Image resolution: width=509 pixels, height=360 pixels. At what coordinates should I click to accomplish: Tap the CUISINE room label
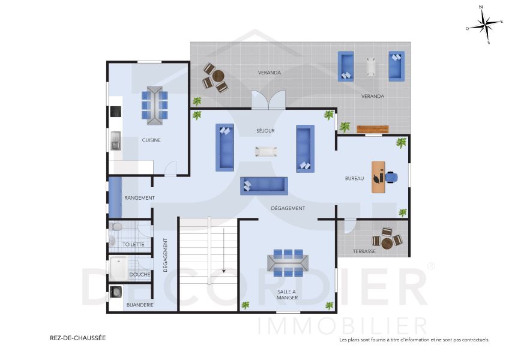click(x=151, y=140)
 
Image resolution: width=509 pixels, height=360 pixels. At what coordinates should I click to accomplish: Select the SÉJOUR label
click(x=265, y=130)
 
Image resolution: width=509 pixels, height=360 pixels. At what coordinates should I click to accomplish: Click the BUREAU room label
click(x=354, y=179)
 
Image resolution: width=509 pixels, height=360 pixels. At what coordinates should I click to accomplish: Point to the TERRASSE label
click(x=364, y=251)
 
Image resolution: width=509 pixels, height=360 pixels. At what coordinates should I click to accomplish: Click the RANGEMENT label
click(x=139, y=198)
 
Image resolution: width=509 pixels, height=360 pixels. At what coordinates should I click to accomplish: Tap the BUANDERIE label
click(x=140, y=305)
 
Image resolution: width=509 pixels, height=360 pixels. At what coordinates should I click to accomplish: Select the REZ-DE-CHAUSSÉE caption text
click(x=77, y=338)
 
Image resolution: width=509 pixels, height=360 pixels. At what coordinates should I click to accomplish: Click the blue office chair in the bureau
click(x=391, y=176)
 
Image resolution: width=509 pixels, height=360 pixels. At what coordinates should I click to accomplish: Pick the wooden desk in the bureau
click(x=378, y=177)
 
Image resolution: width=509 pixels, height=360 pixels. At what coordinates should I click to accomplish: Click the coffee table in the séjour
click(x=265, y=151)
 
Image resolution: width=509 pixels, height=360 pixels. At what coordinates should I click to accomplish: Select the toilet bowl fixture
click(x=116, y=227)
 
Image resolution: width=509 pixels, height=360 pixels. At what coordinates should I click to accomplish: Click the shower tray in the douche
click(x=119, y=269)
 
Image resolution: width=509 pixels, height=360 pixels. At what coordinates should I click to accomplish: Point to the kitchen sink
click(x=115, y=141)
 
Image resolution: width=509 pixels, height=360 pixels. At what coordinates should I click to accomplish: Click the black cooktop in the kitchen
click(x=115, y=112)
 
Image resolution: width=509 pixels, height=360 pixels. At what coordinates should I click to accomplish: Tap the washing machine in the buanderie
click(x=116, y=292)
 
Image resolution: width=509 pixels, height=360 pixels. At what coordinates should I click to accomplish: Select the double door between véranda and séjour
click(x=268, y=100)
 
